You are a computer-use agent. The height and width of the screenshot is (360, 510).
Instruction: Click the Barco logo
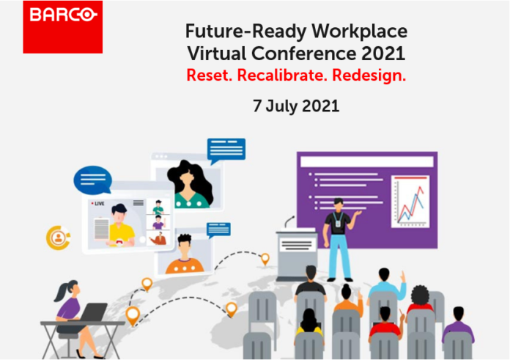point(63,27)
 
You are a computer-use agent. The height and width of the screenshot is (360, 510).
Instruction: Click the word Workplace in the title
point(359,32)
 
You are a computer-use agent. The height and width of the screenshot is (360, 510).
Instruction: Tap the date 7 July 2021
point(296,106)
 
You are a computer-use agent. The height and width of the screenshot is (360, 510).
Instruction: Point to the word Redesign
point(369,76)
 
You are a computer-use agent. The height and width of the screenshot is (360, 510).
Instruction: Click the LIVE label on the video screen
point(99,204)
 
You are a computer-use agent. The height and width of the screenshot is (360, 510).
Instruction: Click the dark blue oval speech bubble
point(93,180)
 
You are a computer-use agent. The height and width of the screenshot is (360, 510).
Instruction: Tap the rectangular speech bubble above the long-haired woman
point(226,150)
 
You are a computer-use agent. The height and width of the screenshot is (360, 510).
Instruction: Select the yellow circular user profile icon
point(58,238)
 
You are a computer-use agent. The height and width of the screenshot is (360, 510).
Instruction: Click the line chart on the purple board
point(410,202)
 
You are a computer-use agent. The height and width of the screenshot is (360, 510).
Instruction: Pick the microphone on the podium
point(289,222)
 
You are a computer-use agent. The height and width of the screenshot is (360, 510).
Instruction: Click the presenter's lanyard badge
point(339,224)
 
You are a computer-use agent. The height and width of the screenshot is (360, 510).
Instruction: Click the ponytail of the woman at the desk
point(61,292)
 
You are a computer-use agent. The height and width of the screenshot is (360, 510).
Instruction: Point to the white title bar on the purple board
point(367,161)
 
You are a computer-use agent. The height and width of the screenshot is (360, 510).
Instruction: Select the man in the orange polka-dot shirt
point(185,254)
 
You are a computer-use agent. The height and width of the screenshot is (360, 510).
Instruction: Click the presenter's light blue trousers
point(339,256)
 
